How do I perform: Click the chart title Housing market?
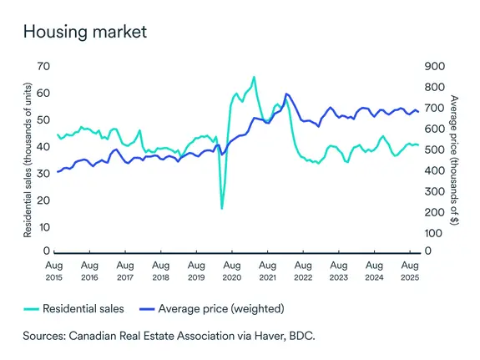(x=85, y=32)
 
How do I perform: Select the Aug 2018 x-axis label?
(x=160, y=269)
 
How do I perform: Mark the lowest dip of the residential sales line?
(x=222, y=208)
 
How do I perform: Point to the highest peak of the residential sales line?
(x=254, y=77)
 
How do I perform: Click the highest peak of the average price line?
(x=286, y=94)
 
